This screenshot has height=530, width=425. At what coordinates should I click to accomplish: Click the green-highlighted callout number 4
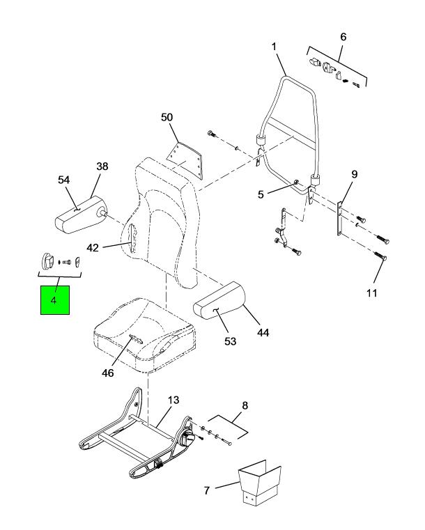pos(54,299)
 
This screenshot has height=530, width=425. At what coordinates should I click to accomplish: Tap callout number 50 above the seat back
pos(167,117)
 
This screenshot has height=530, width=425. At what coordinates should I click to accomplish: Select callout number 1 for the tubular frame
pos(274,47)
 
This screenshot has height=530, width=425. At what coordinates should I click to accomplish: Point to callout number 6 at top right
pos(343,36)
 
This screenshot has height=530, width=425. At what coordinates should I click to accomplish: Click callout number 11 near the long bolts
pos(371,293)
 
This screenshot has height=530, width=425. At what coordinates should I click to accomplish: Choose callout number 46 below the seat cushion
pos(108,373)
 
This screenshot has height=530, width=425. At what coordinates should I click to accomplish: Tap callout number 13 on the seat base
pos(173,400)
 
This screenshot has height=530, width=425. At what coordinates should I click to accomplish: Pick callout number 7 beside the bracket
pos(207,490)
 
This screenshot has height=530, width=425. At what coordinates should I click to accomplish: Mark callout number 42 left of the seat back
pos(93,248)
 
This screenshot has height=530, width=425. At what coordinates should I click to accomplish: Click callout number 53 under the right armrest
pos(230,341)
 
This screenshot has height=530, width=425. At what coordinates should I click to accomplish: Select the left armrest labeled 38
pos(80,215)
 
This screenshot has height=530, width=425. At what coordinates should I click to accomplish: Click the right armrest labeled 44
pos(219,299)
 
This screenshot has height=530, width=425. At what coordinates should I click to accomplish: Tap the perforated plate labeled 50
pos(185,159)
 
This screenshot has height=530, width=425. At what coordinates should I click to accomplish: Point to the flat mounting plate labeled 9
pos(339,219)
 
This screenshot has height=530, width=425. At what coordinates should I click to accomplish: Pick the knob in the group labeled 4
pos(47,262)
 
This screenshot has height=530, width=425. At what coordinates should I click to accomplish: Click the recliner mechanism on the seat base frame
pos(187,439)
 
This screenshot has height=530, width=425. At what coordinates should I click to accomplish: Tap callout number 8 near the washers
pos(245,405)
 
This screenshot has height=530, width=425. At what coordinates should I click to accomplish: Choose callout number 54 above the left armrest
pos(64,180)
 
